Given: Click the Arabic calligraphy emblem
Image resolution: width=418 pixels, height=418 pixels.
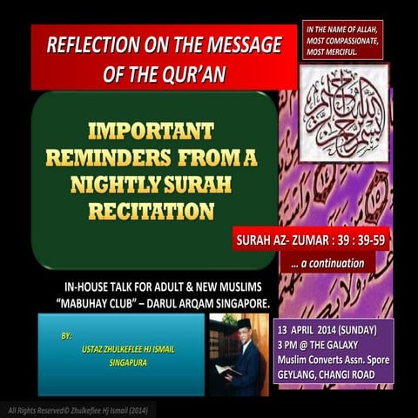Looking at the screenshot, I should coord(342,112).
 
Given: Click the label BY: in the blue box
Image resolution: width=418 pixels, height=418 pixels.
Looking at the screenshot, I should coord(68,335).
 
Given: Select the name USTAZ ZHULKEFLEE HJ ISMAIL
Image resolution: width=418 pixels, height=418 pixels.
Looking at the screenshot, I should coord(132,348).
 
